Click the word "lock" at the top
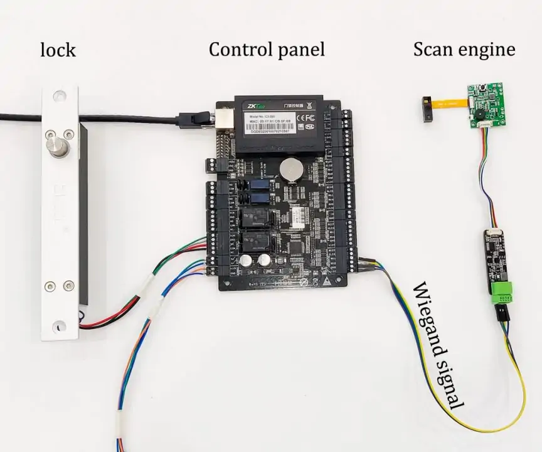pyautogui.click(x=58, y=50)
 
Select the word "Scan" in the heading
pyautogui.click(x=433, y=49)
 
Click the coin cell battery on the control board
pyautogui.click(x=290, y=168)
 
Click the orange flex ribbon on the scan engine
pyautogui.click(x=450, y=102)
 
